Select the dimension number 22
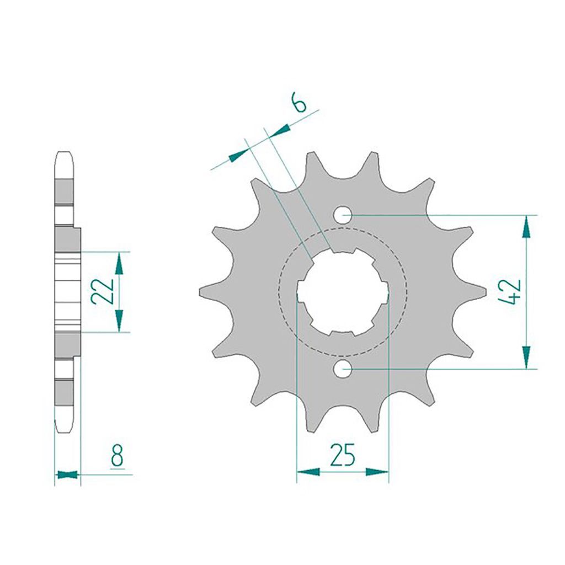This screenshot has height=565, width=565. [103, 291]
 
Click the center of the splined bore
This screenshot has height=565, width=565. [343, 292]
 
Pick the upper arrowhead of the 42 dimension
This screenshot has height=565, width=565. [526, 227]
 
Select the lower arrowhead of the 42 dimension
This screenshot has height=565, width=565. [526, 358]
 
